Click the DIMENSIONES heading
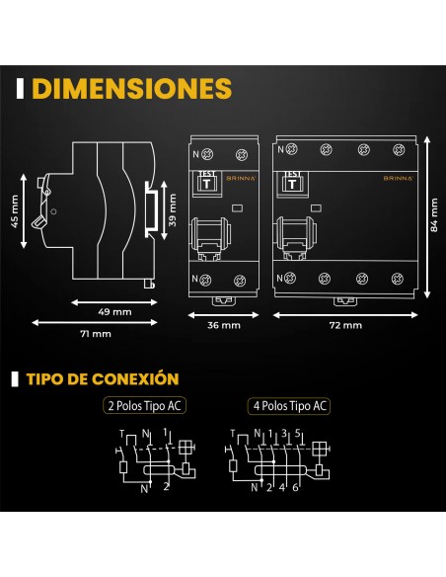click(x=132, y=89)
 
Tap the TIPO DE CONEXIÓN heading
click(x=103, y=379)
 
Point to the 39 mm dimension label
click(x=173, y=209)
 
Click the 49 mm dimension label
click(x=114, y=312)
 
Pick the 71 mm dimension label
click(x=96, y=334)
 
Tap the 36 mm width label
click(x=224, y=325)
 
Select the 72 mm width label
click(x=345, y=325)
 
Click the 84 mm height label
click(x=434, y=215)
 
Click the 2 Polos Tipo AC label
click(x=144, y=406)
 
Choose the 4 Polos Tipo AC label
click(x=289, y=406)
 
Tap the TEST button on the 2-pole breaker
click(x=207, y=183)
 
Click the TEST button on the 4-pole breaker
click(x=292, y=183)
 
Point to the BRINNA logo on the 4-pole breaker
click(x=399, y=178)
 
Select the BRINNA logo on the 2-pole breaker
click(x=241, y=178)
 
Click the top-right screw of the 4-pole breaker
click(x=399, y=150)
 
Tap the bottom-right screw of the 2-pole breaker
click(x=240, y=281)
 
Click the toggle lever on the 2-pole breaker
click(x=210, y=234)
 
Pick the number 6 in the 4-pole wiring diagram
click(x=295, y=487)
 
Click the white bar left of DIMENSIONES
click(x=20, y=89)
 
